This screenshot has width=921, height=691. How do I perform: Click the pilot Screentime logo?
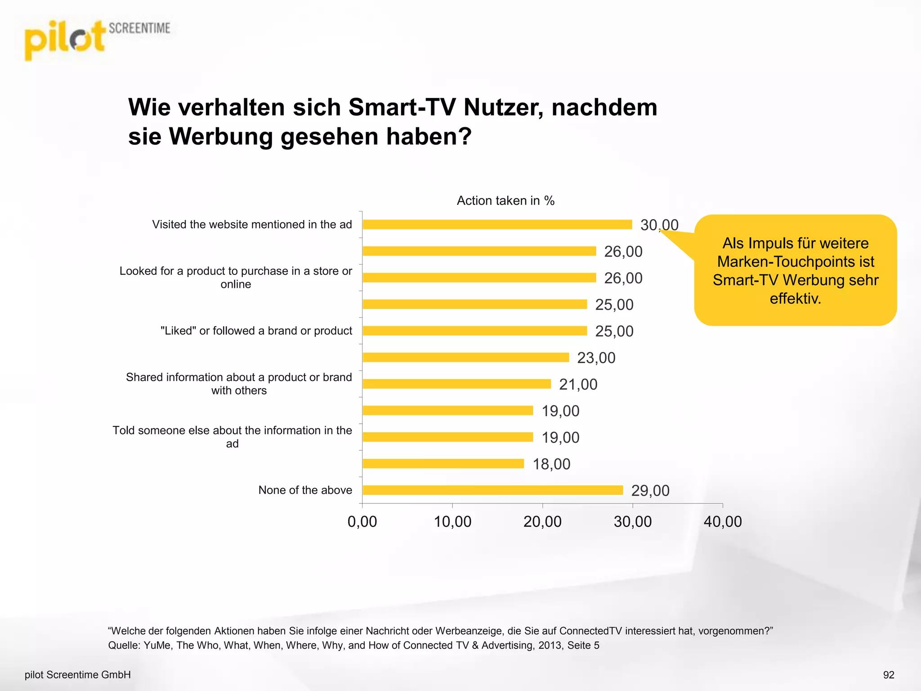pos(97,40)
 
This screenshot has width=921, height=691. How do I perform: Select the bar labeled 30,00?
pos(497,224)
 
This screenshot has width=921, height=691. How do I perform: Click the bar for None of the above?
pos(492,490)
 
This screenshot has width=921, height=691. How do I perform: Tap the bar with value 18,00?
pos(443,463)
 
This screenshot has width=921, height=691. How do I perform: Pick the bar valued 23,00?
pos(465,357)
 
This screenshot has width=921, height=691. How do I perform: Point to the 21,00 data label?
pos(578,384)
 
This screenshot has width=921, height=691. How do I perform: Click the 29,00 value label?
pos(650,490)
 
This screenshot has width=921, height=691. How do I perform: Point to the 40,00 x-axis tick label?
pos(722,521)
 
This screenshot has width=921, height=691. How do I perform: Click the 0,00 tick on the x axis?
pos(362,521)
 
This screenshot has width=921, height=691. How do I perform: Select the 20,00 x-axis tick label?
pos(542,521)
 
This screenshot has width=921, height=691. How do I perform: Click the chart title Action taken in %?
pos(505,201)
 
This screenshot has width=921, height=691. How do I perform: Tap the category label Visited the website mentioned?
pos(252,224)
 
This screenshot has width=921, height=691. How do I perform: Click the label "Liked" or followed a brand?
pos(256,331)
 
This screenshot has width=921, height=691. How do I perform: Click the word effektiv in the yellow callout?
pos(795,298)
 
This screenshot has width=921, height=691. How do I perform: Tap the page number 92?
pos(889,675)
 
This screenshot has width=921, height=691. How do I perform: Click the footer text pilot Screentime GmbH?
pos(78,675)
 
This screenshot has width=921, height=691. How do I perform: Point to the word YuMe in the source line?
pos(157,645)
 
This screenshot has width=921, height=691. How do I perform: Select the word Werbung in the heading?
pos(220,136)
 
